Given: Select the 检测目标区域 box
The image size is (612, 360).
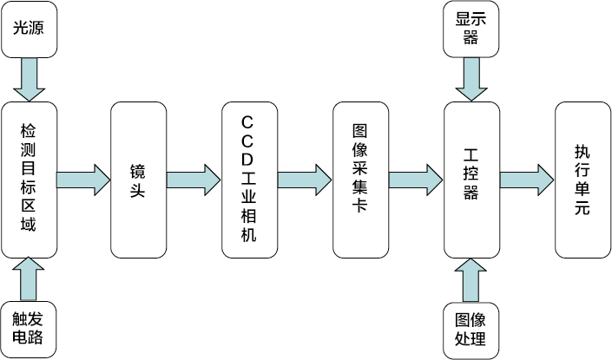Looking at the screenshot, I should pos(29,180).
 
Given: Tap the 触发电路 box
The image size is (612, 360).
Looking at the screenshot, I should pos(29,329).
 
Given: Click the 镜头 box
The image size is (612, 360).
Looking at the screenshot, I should pos(139,180).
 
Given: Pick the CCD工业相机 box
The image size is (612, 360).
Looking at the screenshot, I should pos(249,180).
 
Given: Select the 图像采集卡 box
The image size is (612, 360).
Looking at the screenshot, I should pos(360,180).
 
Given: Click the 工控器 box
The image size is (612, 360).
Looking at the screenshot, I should pos(471,180).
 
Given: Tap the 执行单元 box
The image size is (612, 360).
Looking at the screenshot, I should pos(582,180).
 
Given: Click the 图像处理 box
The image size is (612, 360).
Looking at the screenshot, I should pos(471,329).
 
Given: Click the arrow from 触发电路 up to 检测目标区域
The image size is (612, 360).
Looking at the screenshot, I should pos(29,279).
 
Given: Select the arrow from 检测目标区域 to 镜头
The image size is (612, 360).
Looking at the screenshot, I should pos(84,180).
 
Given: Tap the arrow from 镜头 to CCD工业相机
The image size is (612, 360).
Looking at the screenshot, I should pos(194,180).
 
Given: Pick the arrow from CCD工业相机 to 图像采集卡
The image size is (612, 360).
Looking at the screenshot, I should pos(305,180).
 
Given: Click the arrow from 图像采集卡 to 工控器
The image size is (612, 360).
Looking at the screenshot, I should pos(416,180).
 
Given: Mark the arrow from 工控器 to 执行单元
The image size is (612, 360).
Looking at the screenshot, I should pos(527,180).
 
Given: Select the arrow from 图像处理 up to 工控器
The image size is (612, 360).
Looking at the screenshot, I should pos(471,279).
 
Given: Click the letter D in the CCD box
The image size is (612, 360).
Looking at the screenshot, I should pos(248,160).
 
